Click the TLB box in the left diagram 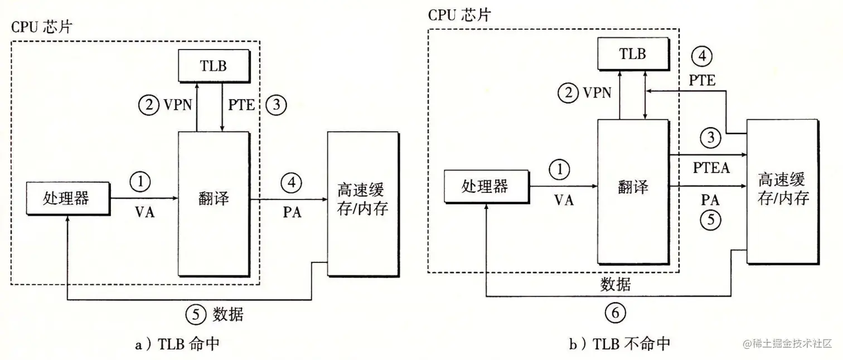click(x=213, y=65)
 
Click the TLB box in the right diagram click(x=633, y=53)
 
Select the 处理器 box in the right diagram click(x=486, y=186)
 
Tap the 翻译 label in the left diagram click(x=213, y=198)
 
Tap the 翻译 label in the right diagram click(x=633, y=187)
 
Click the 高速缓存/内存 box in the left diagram click(x=363, y=203)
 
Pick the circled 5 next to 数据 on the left click(x=195, y=315)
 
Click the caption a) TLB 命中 click(x=177, y=344)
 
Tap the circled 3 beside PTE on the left click(x=275, y=104)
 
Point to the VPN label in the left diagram click(x=178, y=104)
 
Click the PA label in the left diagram click(x=292, y=212)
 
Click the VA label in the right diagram click(x=564, y=200)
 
